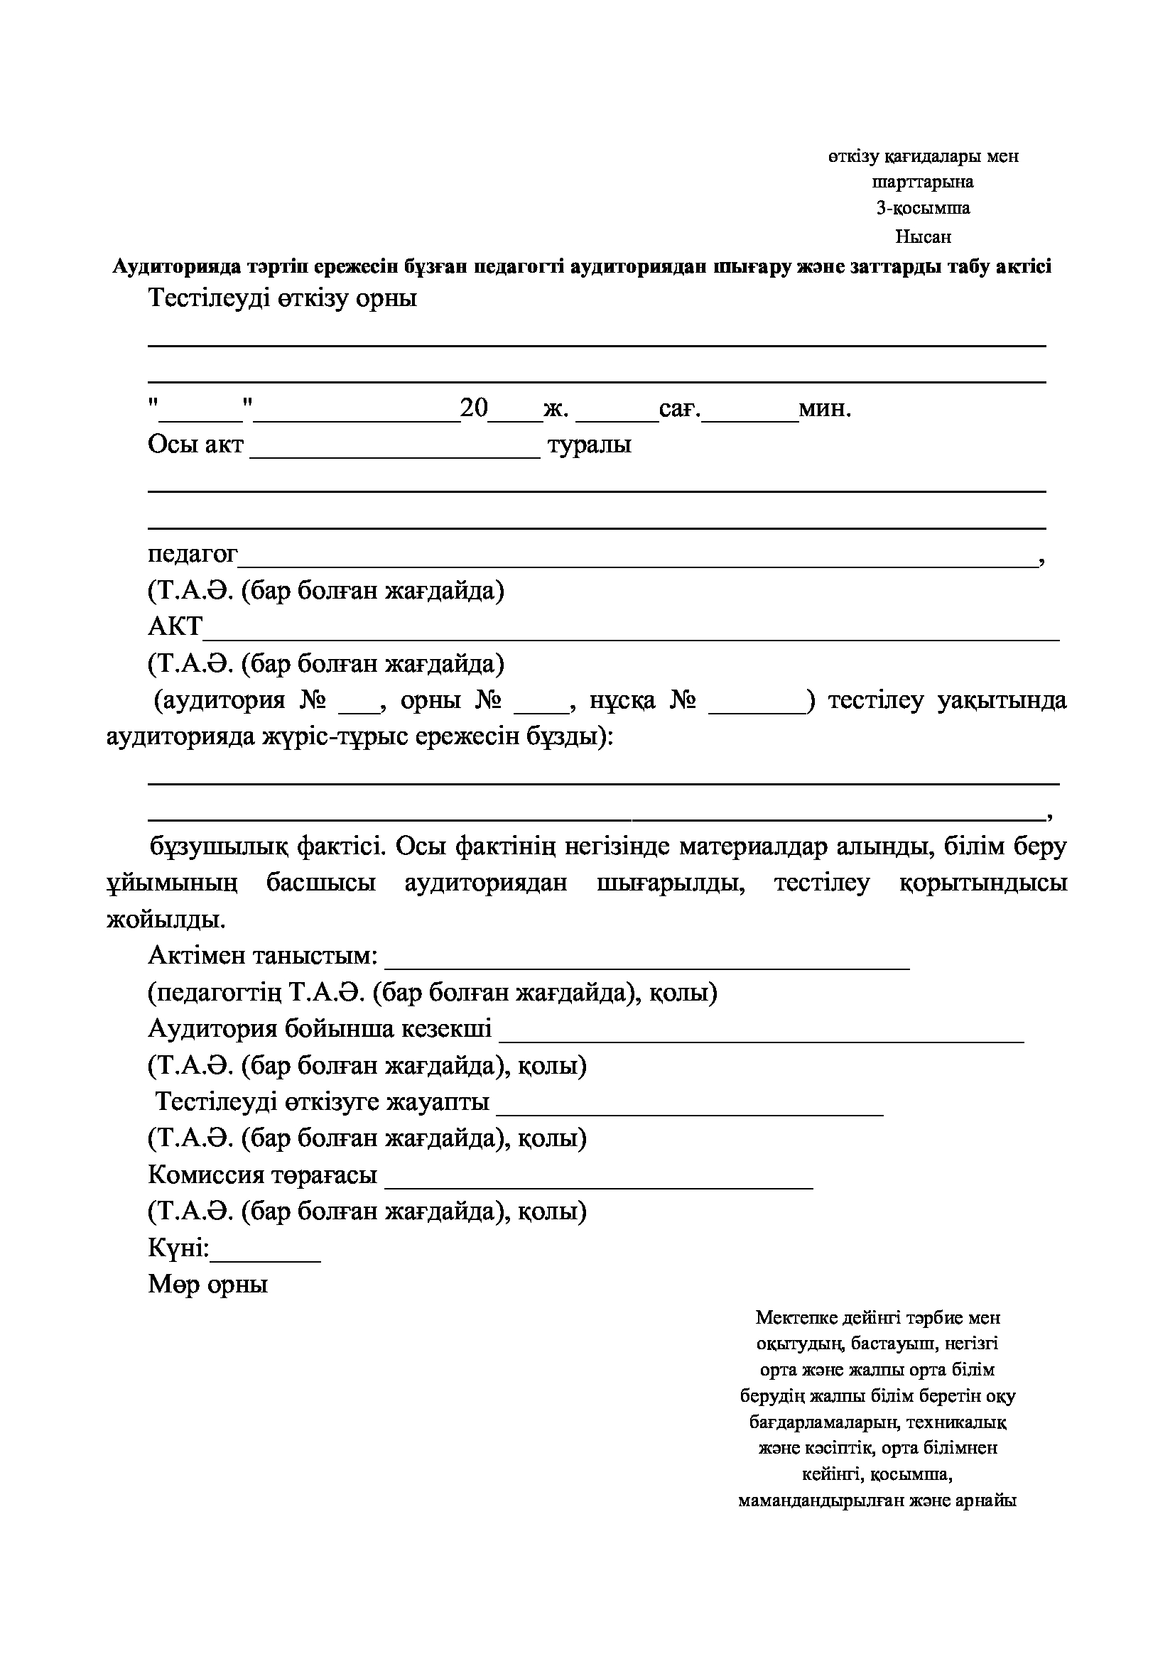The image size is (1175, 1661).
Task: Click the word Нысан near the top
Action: coord(923,236)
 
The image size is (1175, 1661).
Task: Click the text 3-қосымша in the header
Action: coord(923,208)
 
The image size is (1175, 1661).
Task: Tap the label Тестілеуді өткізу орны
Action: coord(282,298)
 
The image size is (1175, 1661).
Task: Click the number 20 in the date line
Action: coord(475,408)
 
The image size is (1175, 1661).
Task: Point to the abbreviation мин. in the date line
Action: coord(825,409)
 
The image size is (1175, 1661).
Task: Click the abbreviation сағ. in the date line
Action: coord(680,410)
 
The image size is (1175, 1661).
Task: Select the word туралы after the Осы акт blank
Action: coord(589,444)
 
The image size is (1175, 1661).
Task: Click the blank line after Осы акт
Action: coord(395,454)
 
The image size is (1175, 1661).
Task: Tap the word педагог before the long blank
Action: coord(193,554)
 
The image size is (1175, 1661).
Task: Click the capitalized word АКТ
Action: coord(175,626)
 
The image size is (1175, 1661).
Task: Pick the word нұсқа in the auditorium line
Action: coord(622,700)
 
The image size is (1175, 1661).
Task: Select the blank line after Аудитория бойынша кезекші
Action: coord(761,1038)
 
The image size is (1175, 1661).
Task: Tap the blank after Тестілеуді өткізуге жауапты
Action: coord(690,1112)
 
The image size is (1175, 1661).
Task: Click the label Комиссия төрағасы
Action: coord(262,1175)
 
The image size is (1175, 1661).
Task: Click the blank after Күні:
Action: coord(265,1259)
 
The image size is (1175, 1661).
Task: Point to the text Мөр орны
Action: coord(207,1284)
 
